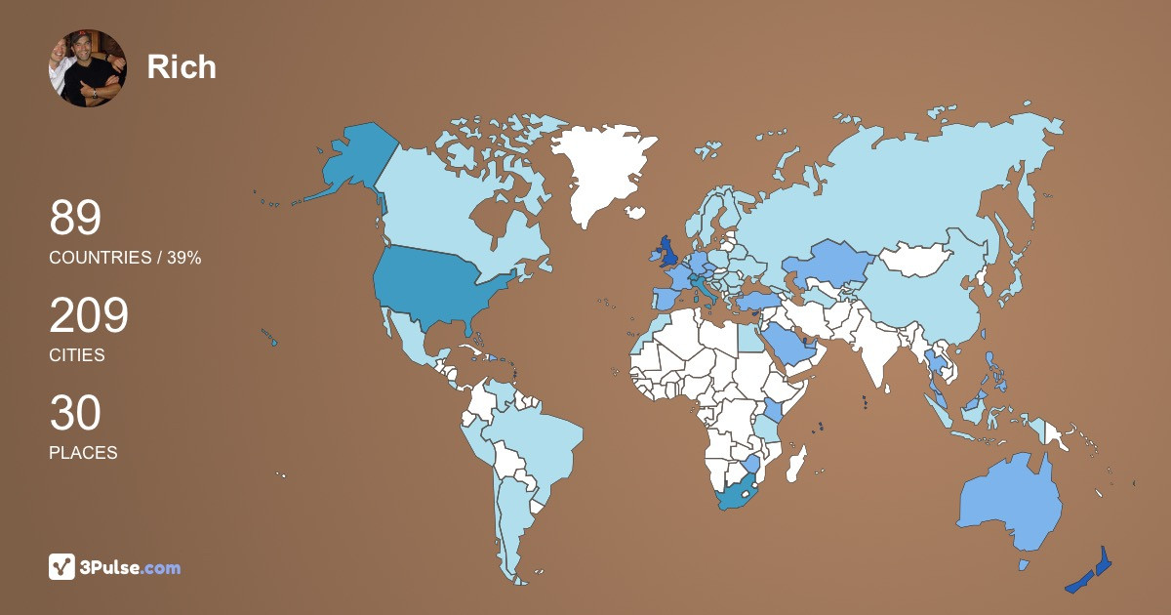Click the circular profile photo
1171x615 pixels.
pos(88,68)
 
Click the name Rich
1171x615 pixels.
pos(182,66)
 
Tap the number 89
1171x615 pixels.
pos(75,218)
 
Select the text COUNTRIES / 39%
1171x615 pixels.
pos(125,258)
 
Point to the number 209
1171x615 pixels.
pos(89,316)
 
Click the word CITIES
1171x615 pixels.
pos(77,355)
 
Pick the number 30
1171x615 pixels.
pos(75,414)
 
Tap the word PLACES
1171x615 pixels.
pos(83,453)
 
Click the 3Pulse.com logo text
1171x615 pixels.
pos(132,568)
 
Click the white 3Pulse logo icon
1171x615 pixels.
pos(62,567)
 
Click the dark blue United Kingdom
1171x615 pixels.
pos(668,252)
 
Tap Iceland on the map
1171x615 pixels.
pos(636,212)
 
